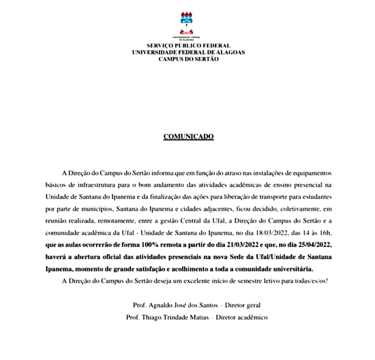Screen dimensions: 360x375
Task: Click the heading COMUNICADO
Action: click(188, 136)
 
